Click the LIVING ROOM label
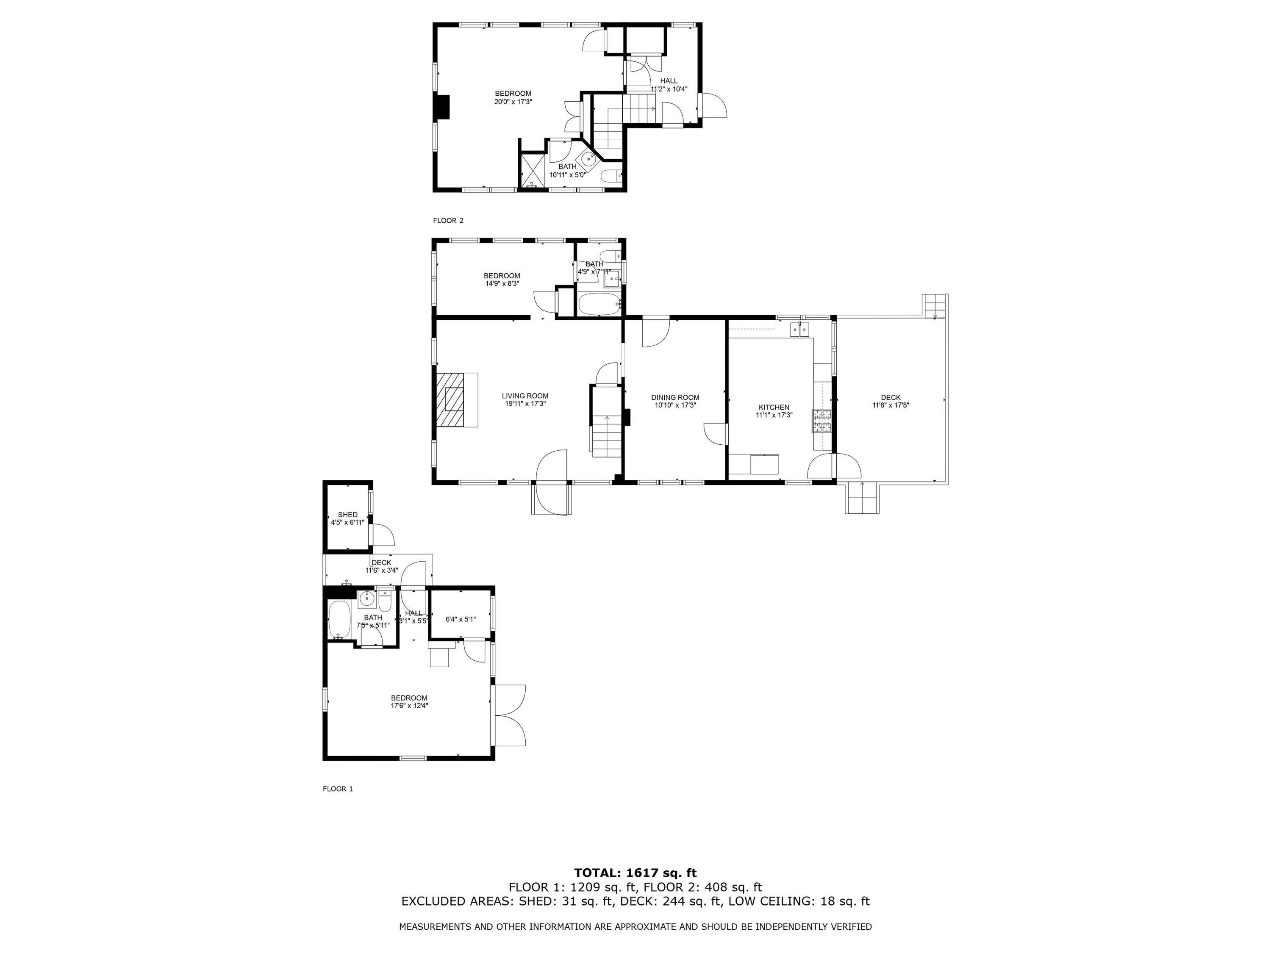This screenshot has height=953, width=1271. (x=524, y=396)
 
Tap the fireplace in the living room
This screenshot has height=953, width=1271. (x=455, y=400)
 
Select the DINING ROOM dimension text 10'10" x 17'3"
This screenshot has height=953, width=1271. (x=675, y=405)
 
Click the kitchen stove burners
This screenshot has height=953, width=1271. (x=821, y=421)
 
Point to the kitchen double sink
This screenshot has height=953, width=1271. (x=800, y=329)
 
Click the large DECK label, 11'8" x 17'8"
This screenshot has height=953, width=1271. (x=890, y=398)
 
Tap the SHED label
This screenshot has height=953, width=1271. (x=348, y=515)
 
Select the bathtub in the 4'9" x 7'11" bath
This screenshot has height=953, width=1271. (x=598, y=304)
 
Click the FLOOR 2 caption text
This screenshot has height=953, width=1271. (x=448, y=221)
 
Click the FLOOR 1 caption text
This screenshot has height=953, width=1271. (x=337, y=789)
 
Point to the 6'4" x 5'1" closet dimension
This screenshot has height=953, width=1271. (x=460, y=619)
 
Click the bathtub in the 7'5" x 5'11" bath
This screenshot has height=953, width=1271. (x=339, y=620)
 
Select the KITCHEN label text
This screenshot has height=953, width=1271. (x=773, y=407)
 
